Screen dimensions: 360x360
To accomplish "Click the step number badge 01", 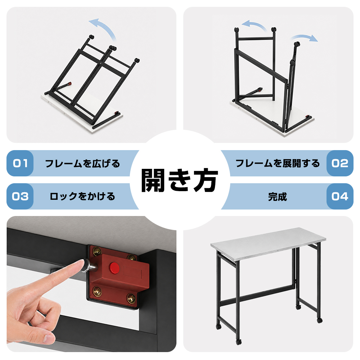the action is pyautogui.click(x=20, y=163).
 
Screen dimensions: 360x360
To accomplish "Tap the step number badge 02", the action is pyautogui.click(x=340, y=163).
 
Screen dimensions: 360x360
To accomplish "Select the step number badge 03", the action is pyautogui.click(x=20, y=196).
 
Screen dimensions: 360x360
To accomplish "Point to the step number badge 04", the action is pyautogui.click(x=340, y=196).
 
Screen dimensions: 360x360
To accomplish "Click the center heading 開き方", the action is pyautogui.click(x=180, y=180).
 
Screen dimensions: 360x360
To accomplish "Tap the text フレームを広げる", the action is pyautogui.click(x=83, y=163).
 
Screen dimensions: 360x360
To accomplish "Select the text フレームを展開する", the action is pyautogui.click(x=278, y=163).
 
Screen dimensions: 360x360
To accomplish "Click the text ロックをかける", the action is pyautogui.click(x=82, y=197).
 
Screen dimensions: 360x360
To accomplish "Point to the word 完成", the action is pyautogui.click(x=278, y=197).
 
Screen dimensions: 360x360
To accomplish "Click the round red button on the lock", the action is pyautogui.click(x=114, y=268).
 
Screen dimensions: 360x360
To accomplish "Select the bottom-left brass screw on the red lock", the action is pyautogui.click(x=97, y=291).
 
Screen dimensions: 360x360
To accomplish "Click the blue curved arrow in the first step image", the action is pyautogui.click(x=104, y=27).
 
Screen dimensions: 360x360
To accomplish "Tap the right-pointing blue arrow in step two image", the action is pyautogui.click(x=305, y=37).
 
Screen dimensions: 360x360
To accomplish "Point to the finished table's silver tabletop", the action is pyautogui.click(x=268, y=243).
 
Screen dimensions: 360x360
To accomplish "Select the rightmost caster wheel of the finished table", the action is pyautogui.click(x=319, y=320).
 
